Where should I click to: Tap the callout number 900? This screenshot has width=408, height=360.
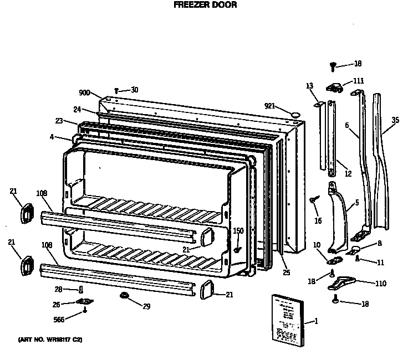click(x=84, y=93)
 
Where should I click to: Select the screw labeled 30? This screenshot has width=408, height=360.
click(x=116, y=90)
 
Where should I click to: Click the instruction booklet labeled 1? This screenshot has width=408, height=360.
click(x=288, y=319)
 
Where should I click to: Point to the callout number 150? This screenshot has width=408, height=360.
click(x=238, y=231)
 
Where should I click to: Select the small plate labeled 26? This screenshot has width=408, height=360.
click(x=85, y=302)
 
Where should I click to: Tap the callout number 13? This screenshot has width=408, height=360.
click(x=309, y=85)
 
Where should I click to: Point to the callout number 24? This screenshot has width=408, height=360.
click(x=77, y=109)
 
